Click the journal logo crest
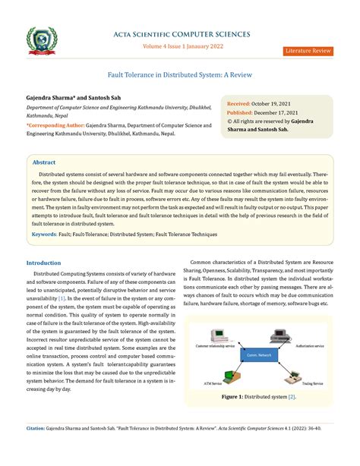(39, 33)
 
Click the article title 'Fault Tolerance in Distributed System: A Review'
(180, 76)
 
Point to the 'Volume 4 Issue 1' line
(180, 45)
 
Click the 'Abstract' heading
(43, 162)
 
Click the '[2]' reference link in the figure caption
(291, 397)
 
